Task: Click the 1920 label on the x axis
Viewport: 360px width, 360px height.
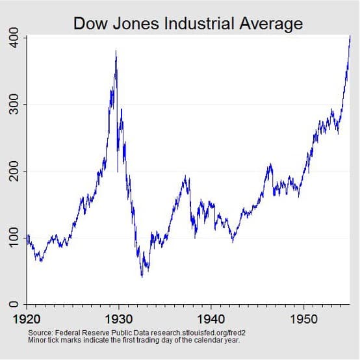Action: point(27,320)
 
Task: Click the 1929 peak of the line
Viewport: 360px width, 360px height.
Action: point(116,51)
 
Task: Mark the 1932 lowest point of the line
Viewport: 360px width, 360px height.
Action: point(142,277)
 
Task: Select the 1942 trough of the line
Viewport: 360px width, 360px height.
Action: point(233,242)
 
